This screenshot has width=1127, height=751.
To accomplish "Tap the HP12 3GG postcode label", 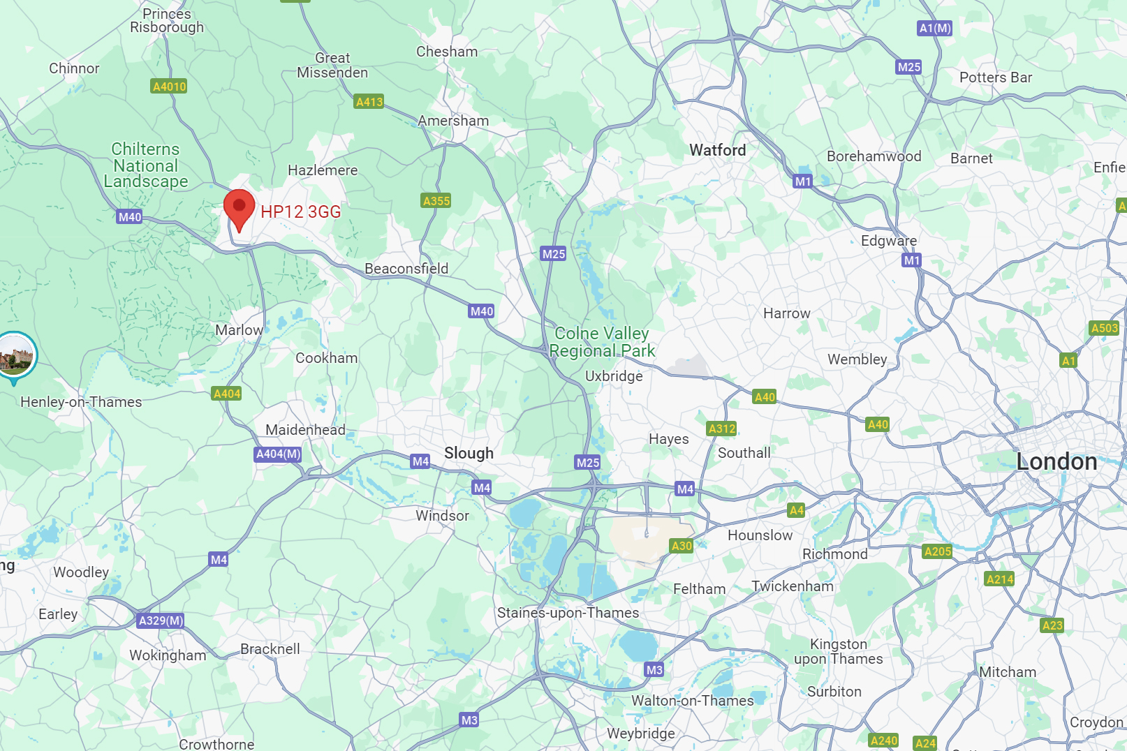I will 300,212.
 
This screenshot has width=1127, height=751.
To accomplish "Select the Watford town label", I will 717,150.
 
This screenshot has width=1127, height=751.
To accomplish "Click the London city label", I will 1056,461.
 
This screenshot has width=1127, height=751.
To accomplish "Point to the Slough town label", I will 469,453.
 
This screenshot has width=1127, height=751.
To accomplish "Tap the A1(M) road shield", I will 934,28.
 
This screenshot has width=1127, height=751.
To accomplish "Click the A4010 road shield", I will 169,87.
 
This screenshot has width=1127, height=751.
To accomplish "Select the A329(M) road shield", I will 161,620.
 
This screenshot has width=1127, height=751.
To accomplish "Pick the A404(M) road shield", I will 278,454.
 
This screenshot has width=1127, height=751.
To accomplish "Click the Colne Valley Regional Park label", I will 602,342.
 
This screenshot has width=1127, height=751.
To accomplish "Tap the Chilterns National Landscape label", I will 145,165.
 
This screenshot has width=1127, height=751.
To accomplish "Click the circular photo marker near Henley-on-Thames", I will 14,355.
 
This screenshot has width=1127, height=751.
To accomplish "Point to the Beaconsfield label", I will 406,269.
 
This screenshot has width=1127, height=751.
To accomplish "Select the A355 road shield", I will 436,201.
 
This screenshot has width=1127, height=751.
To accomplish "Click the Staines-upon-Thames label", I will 568,613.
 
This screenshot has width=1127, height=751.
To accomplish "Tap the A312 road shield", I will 721,429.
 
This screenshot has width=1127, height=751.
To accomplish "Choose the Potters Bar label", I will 995,77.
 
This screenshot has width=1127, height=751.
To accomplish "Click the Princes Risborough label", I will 167,20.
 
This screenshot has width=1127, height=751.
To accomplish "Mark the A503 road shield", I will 1104,328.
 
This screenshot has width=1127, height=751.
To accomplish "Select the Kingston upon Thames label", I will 838,651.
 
